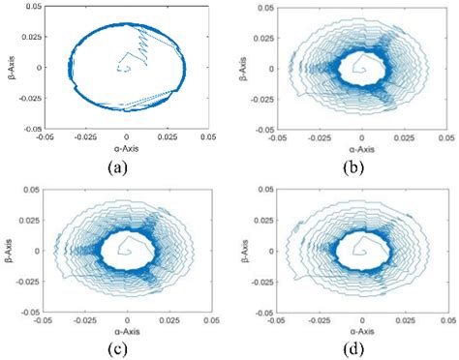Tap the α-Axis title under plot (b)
tap(361, 149)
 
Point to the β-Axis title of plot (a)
tap(11, 67)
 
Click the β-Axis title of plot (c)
tap(11, 250)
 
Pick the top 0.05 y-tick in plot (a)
tap(31, 7)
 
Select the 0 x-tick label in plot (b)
tap(362, 137)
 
